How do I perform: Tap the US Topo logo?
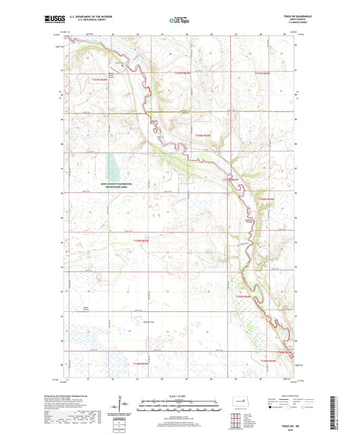tap(178, 22)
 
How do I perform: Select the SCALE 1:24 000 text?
tap(180, 395)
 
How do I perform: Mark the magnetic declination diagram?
tap(123, 405)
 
